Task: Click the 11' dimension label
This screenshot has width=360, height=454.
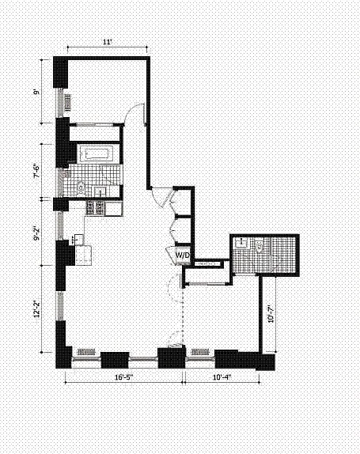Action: (x=107, y=42)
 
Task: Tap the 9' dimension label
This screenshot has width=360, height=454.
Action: (x=36, y=92)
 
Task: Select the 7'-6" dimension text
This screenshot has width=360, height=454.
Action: (x=36, y=172)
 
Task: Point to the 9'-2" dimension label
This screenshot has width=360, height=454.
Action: (x=36, y=234)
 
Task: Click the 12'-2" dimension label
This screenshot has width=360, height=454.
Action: (x=36, y=309)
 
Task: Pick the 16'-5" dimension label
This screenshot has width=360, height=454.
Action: (x=124, y=377)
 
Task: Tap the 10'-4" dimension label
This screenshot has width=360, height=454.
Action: (x=222, y=377)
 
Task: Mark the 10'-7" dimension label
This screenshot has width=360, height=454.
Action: (x=271, y=313)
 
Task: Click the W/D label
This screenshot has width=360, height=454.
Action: (x=183, y=255)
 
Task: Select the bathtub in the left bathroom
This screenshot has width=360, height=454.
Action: (x=95, y=153)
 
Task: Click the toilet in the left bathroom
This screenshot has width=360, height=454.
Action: (x=81, y=188)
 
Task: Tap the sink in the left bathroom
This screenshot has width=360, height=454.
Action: (x=100, y=191)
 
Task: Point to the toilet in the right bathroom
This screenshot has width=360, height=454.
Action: (x=260, y=246)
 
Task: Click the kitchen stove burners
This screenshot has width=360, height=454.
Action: (x=95, y=207)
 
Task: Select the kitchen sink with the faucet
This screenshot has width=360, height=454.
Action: (x=78, y=239)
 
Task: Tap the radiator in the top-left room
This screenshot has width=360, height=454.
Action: (x=68, y=102)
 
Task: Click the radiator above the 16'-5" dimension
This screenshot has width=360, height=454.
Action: (x=86, y=352)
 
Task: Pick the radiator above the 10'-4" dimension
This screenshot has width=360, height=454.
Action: (x=200, y=352)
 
